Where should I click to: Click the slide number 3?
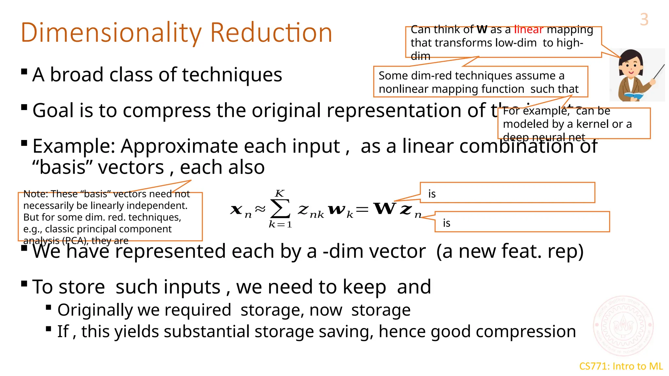point(644,20)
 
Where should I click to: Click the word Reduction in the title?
point(271,33)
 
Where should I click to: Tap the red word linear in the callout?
point(529,30)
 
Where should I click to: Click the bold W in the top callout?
point(482,30)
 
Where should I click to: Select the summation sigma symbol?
point(280,209)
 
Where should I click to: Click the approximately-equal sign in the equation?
point(260,209)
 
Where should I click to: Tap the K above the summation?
point(280,193)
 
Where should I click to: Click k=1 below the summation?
point(280,225)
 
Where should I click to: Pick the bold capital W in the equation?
point(385,208)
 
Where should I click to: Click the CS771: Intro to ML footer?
point(621,366)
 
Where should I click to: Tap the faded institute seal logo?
point(623,325)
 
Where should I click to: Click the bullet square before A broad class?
point(24,71)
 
